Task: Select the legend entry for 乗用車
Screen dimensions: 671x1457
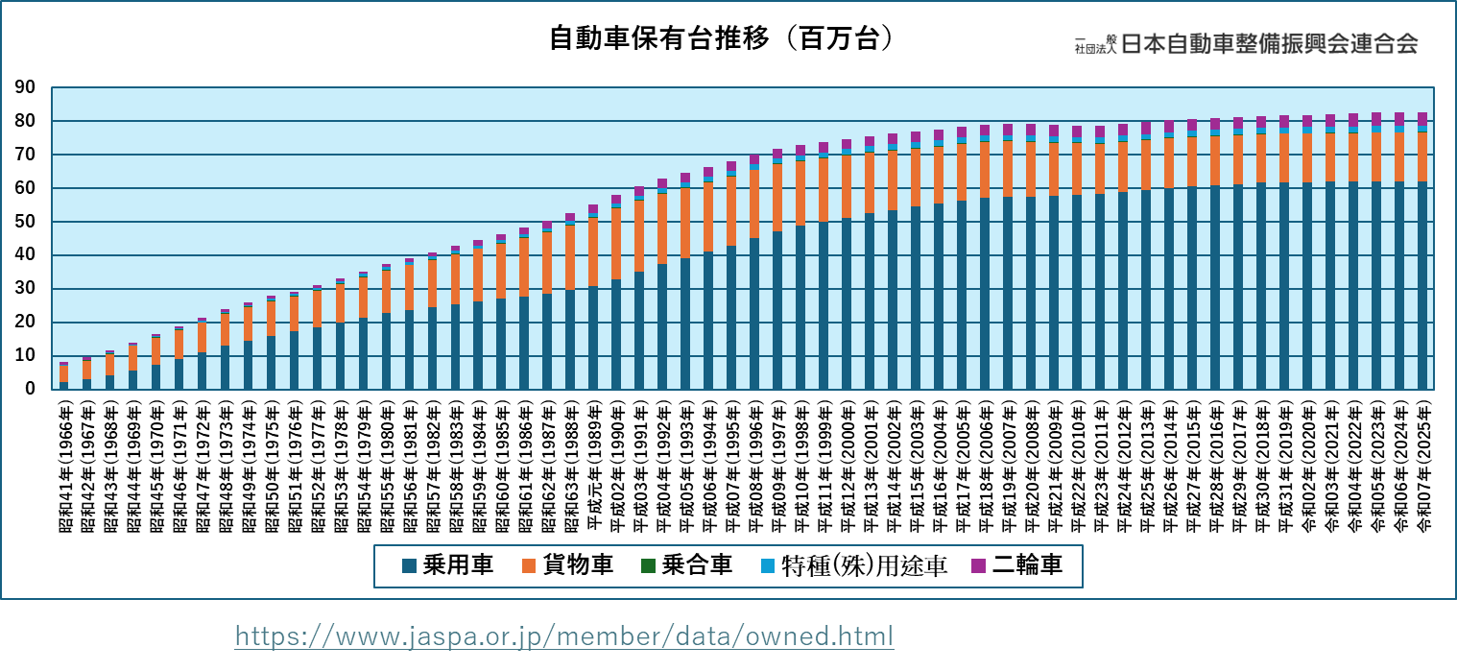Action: [x=446, y=565]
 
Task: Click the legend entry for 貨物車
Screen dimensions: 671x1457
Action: [x=566, y=565]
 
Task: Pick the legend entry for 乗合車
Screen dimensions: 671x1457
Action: [x=685, y=565]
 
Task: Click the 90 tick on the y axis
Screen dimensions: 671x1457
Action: [x=25, y=88]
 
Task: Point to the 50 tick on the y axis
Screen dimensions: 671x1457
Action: [x=25, y=223]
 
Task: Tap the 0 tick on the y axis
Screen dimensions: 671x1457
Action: [x=30, y=390]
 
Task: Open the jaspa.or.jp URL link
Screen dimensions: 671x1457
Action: [x=564, y=636]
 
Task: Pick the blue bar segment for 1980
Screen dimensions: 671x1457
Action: [x=386, y=350]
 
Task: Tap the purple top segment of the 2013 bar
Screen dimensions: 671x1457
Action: [x=1146, y=128]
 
